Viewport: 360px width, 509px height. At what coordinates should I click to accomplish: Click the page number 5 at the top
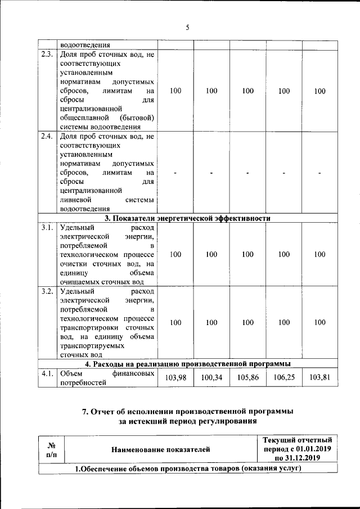(188, 26)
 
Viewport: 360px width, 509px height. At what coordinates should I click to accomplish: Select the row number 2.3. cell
(47, 55)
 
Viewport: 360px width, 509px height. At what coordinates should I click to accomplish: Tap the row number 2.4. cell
(47, 137)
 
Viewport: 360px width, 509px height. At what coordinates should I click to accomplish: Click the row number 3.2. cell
(47, 291)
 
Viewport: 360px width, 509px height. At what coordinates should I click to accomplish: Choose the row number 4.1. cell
(47, 373)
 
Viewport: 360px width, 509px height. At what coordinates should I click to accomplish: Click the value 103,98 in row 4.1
(175, 378)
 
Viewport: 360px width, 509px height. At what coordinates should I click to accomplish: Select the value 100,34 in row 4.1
(211, 378)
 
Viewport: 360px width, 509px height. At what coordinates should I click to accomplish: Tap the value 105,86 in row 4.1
(247, 378)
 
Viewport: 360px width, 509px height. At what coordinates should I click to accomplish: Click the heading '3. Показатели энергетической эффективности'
(188, 218)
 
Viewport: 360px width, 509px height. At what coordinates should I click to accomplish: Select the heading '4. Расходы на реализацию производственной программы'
(188, 364)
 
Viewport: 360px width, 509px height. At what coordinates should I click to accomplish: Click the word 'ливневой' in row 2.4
(73, 200)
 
